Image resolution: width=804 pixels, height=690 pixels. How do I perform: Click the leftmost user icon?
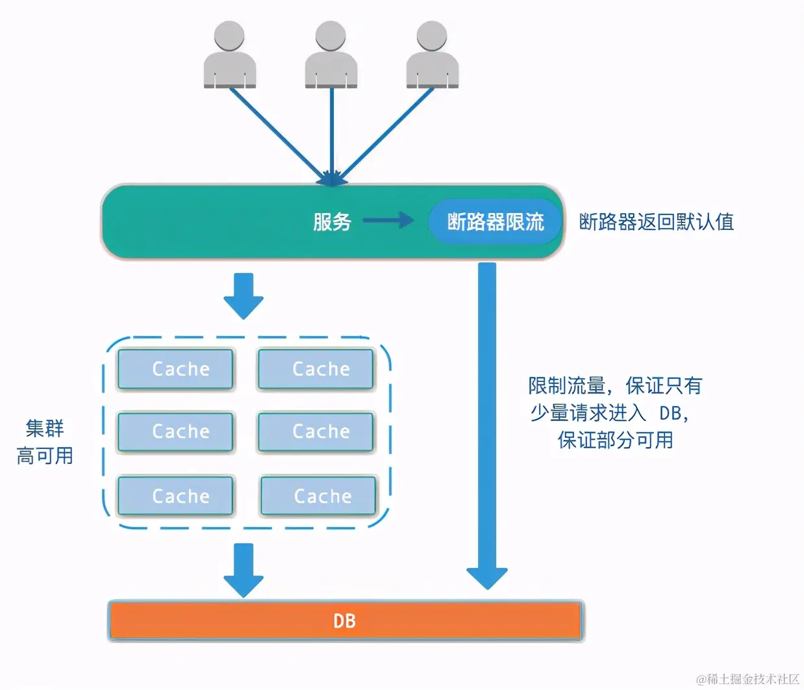(229, 55)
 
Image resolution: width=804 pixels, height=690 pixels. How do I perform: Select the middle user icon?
(331, 55)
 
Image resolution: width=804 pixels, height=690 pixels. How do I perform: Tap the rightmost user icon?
(433, 55)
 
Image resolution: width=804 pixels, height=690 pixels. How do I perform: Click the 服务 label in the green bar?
(332, 222)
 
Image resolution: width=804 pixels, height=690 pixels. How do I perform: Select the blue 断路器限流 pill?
(495, 222)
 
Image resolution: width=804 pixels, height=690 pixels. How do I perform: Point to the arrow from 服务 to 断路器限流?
(388, 221)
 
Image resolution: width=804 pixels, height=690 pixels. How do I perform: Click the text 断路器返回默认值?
(656, 222)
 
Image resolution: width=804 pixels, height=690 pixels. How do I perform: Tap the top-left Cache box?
(175, 369)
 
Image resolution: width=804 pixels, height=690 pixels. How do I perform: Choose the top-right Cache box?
(316, 369)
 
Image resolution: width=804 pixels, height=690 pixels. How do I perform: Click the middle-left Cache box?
(175, 431)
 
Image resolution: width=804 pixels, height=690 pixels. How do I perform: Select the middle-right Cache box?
(316, 431)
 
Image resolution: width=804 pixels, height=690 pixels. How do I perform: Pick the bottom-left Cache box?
(175, 496)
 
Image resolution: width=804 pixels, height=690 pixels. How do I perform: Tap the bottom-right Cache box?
(318, 496)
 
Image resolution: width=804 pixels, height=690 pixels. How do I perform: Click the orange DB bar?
(345, 621)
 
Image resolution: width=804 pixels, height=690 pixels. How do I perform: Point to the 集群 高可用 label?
(45, 442)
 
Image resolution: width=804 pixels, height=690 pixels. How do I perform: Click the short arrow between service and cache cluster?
(244, 296)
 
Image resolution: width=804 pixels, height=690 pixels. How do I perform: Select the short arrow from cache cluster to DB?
(244, 569)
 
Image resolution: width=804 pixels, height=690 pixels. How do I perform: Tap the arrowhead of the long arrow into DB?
(487, 577)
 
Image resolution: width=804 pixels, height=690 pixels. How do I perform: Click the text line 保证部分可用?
(615, 441)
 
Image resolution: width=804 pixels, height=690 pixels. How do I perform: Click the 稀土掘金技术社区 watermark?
(747, 679)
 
